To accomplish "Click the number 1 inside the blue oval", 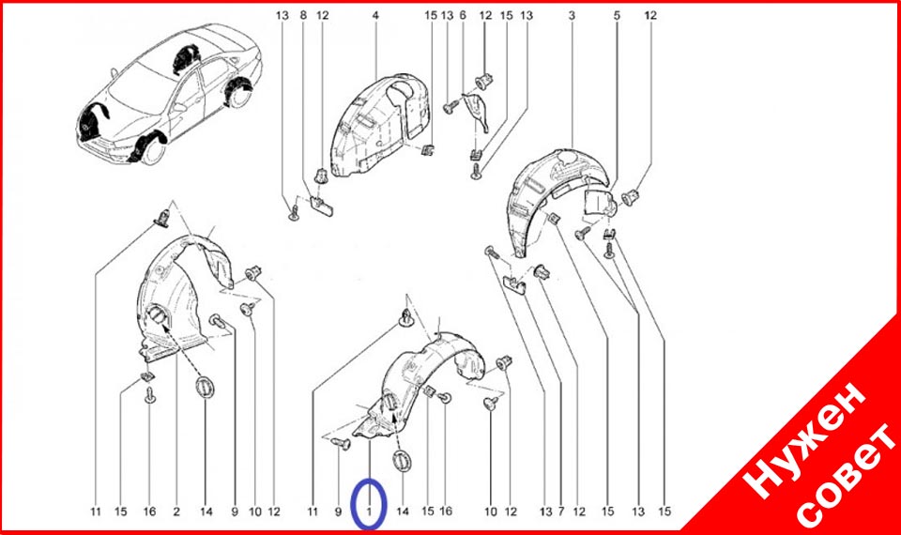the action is pyautogui.click(x=370, y=511).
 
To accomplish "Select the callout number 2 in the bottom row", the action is pyautogui.click(x=176, y=511).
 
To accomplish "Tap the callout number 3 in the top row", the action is pyautogui.click(x=572, y=16).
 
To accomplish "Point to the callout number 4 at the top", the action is pyautogui.click(x=375, y=16).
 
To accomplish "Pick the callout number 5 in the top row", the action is pyautogui.click(x=617, y=16).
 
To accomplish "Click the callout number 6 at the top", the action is pyautogui.click(x=463, y=16).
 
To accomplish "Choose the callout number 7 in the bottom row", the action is pyautogui.click(x=561, y=511).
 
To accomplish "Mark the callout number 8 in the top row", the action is pyautogui.click(x=303, y=16).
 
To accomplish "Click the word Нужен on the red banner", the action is pyautogui.click(x=804, y=439).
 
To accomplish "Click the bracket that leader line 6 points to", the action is pyautogui.click(x=476, y=112).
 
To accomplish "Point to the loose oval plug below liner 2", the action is pyautogui.click(x=204, y=386).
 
